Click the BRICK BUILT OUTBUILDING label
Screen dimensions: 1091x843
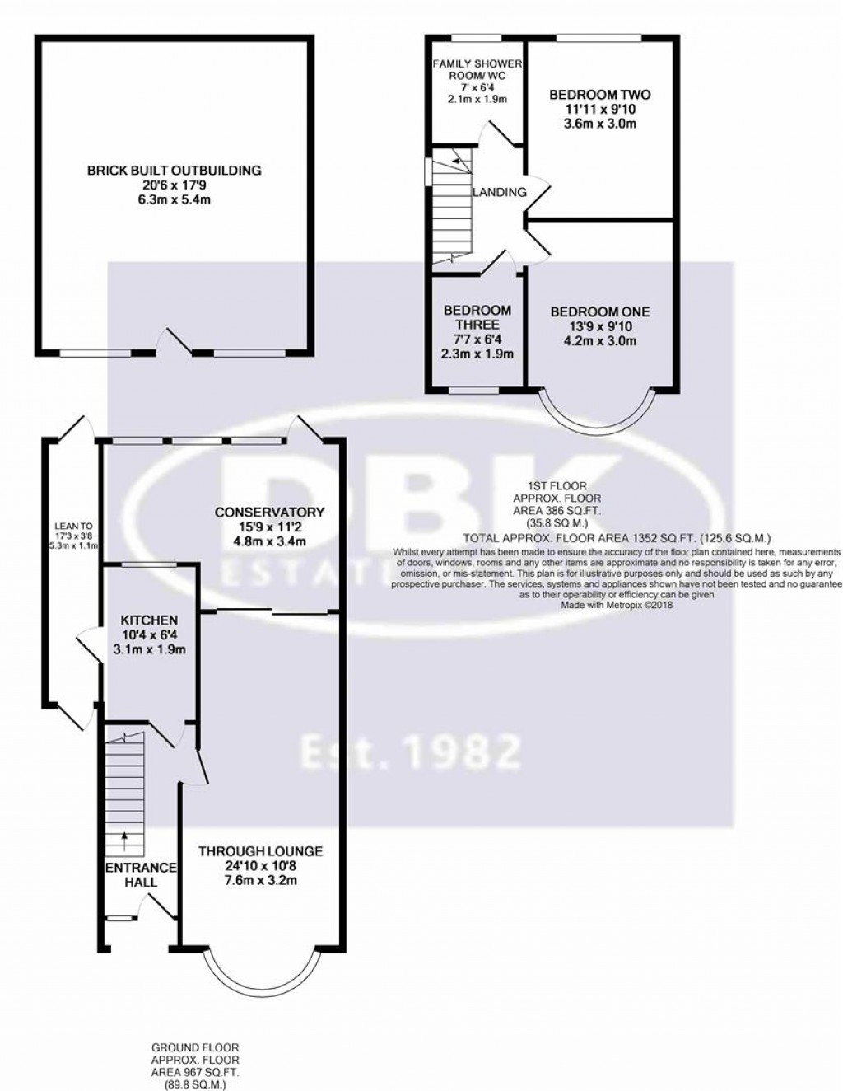[x=174, y=171]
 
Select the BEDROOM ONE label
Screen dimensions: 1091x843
[x=599, y=311]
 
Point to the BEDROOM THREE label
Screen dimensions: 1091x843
[x=477, y=317]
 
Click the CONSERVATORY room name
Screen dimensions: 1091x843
[x=269, y=513]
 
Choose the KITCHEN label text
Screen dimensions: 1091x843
[x=149, y=620]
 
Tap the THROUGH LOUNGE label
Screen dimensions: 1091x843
[x=260, y=851]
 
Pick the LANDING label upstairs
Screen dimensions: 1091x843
[x=499, y=192]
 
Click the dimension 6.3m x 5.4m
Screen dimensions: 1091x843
[x=174, y=200]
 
